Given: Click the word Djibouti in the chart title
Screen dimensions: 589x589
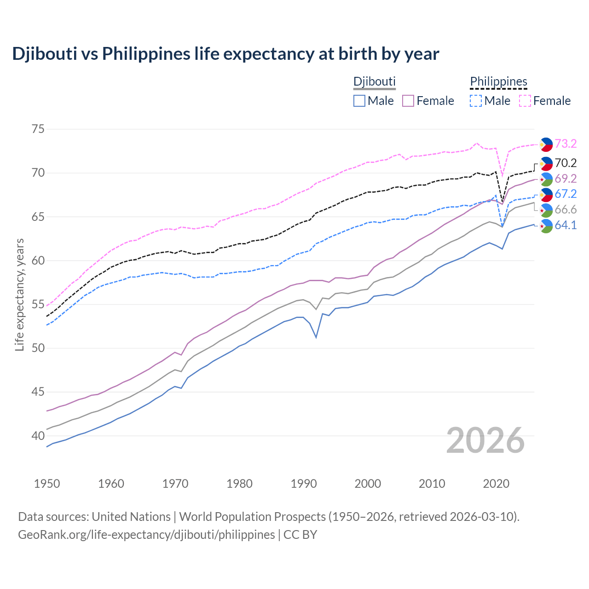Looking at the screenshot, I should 44,54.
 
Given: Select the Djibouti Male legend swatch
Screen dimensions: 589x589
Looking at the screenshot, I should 359,101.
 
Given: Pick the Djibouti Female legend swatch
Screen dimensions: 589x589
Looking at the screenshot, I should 408,101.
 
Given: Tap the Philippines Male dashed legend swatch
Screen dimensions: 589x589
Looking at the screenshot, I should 476,101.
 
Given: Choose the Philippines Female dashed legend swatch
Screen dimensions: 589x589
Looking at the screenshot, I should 525,101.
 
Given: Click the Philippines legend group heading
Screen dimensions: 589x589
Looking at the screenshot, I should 498,81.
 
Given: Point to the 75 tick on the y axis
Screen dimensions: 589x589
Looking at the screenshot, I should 38,129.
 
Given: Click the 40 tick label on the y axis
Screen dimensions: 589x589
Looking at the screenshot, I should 38,436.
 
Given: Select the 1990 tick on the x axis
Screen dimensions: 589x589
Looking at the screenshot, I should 304,484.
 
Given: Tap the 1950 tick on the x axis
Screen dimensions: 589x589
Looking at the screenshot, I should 47,484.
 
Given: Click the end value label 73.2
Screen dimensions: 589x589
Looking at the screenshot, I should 566,144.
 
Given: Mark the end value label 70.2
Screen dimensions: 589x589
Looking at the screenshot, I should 566,163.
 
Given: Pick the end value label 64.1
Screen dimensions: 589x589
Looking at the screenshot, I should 566,225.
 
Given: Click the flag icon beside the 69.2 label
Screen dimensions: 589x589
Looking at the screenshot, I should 546,179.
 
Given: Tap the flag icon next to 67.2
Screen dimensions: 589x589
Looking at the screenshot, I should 546,195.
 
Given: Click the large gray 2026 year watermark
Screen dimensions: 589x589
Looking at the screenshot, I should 485,440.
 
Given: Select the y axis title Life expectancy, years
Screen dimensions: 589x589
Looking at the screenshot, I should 19,294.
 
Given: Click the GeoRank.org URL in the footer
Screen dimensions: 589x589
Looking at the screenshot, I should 146,535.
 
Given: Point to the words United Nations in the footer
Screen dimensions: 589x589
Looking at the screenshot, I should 131,517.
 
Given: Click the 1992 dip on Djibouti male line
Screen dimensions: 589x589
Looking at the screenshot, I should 316,337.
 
